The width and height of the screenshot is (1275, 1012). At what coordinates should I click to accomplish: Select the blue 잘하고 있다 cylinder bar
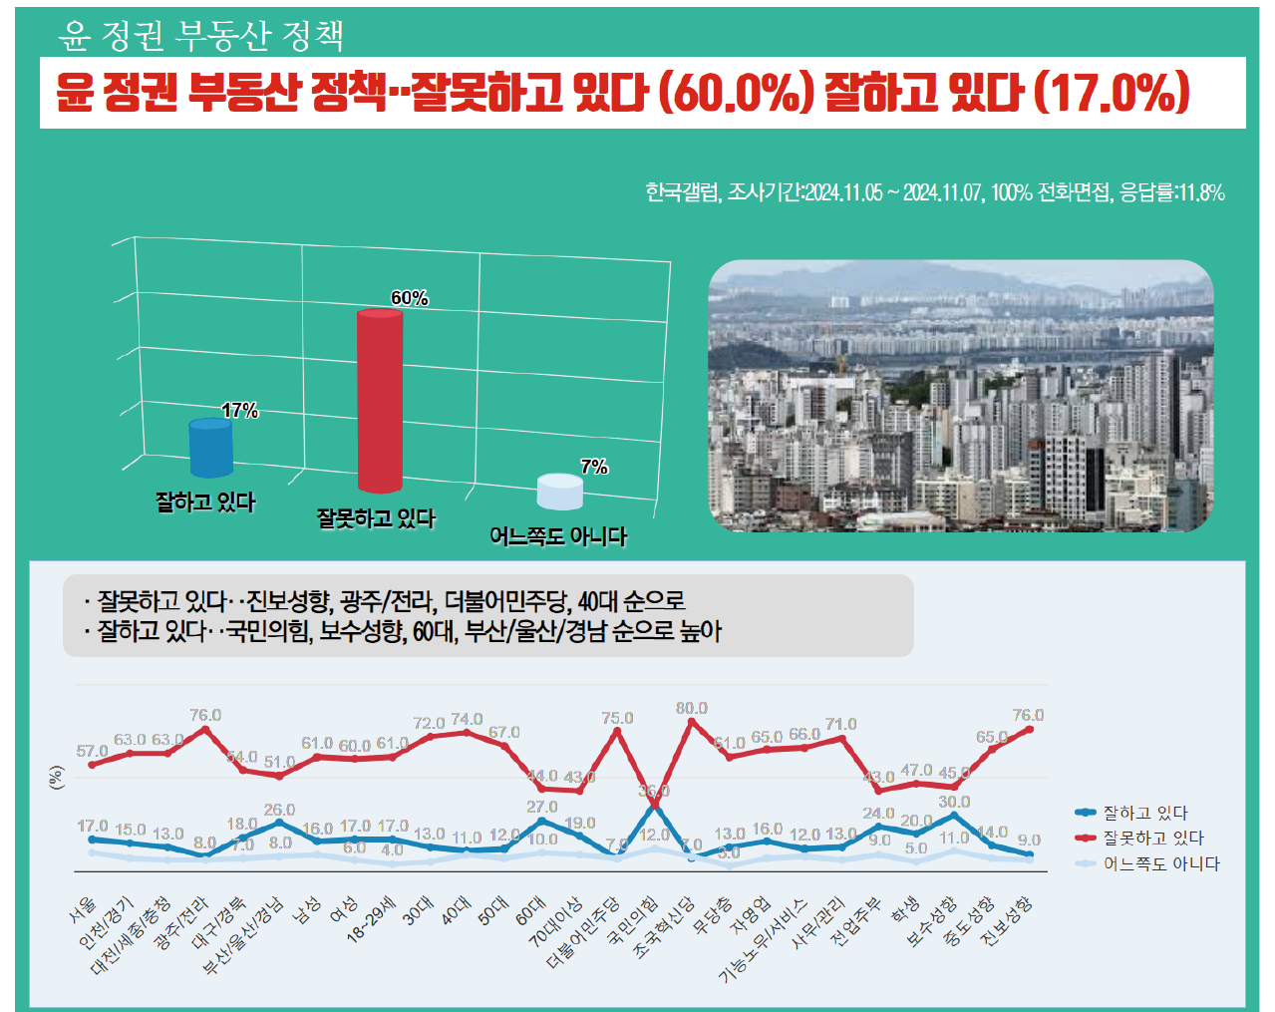click(x=210, y=448)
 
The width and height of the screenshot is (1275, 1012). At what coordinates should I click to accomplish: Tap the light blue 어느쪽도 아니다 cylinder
click(x=559, y=492)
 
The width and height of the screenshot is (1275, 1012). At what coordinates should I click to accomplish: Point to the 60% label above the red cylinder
click(x=409, y=298)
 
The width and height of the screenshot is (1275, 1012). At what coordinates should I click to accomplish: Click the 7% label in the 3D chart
click(x=594, y=467)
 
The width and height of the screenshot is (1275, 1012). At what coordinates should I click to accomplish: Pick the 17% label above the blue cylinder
click(x=239, y=411)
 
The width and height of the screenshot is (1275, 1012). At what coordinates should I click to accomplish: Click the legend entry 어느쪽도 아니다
click(x=1160, y=864)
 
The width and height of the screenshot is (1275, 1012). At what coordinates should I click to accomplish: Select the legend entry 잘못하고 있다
click(x=1152, y=839)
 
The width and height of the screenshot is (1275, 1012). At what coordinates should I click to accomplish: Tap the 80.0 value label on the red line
click(x=691, y=708)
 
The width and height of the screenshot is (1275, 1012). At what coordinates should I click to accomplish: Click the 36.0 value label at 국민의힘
click(x=654, y=791)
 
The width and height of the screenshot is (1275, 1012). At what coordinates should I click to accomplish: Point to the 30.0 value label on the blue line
click(x=954, y=802)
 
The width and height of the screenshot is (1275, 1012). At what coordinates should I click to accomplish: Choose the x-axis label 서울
click(x=84, y=906)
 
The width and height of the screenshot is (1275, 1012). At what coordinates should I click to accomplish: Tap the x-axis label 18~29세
click(x=372, y=918)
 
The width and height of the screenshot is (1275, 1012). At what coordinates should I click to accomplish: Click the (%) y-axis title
click(x=56, y=778)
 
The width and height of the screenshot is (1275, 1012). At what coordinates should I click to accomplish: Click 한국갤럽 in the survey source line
click(x=681, y=192)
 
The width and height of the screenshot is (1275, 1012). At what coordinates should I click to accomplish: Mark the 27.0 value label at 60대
click(x=541, y=807)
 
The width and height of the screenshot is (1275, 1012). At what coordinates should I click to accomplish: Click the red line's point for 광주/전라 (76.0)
click(x=205, y=729)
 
